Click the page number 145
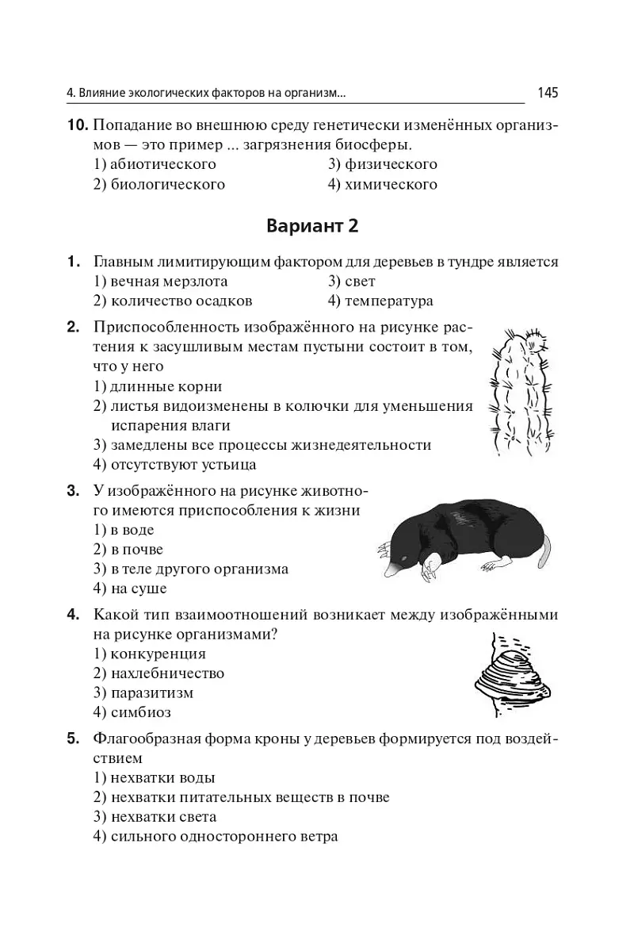tap(547, 93)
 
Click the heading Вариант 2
tap(312, 226)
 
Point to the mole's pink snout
tap(393, 570)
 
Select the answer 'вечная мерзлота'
tap(168, 282)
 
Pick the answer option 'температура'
tap(389, 301)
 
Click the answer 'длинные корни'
tap(166, 387)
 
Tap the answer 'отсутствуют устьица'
tap(183, 465)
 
